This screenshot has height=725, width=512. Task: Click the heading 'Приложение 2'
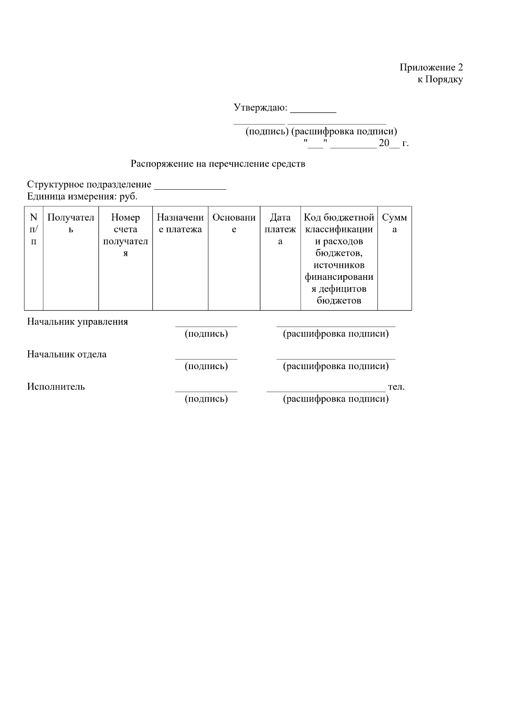(431, 68)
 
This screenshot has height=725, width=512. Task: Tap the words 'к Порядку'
(440, 79)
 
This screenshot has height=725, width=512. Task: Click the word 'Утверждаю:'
(260, 108)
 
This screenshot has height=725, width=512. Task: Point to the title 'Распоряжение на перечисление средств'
(218, 164)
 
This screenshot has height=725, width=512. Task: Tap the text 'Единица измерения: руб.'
(82, 197)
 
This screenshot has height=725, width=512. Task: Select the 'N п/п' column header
(34, 229)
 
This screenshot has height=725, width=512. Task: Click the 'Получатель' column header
(71, 223)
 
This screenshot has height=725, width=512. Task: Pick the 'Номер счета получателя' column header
(125, 235)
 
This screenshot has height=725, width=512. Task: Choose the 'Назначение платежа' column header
(180, 223)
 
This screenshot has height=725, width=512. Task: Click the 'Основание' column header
(234, 223)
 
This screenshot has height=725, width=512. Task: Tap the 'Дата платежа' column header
(280, 229)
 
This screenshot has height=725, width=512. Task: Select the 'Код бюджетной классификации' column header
(339, 259)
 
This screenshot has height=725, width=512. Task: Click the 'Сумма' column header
(394, 223)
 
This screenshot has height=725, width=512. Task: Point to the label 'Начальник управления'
(78, 322)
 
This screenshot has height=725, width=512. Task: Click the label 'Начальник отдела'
(67, 354)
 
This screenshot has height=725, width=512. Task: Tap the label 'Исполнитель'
(56, 387)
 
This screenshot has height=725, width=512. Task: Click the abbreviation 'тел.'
(396, 387)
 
